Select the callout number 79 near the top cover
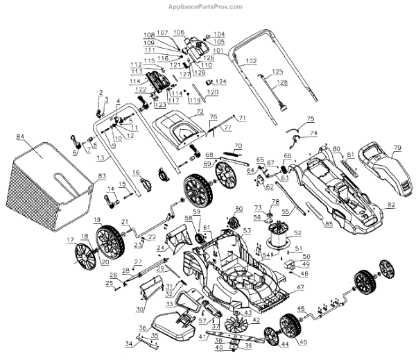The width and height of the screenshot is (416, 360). tap(398, 147)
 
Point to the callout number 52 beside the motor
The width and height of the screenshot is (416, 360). tap(299, 232)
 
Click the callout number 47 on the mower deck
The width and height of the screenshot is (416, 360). tap(300, 286)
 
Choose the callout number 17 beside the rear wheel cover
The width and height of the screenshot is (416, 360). tap(70, 240)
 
